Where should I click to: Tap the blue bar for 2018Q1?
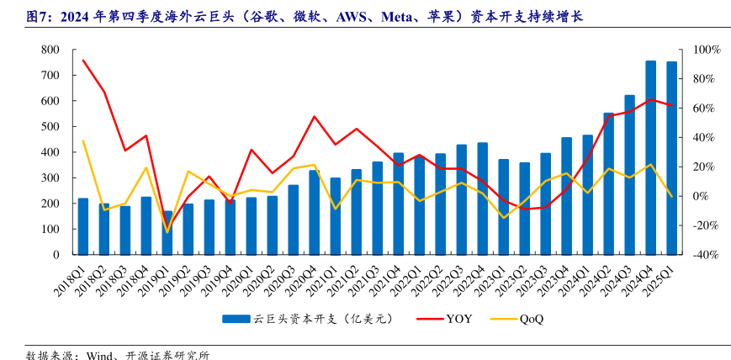tap(83, 226)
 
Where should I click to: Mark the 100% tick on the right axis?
tap(706, 50)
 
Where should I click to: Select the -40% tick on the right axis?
tap(706, 254)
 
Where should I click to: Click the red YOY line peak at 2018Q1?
tap(83, 61)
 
